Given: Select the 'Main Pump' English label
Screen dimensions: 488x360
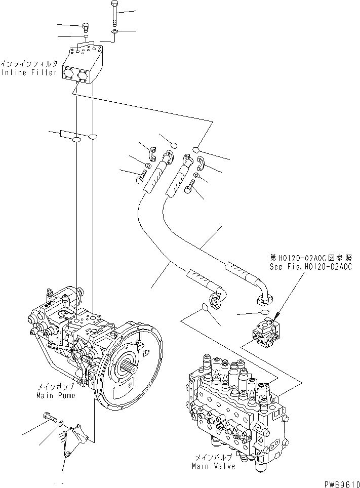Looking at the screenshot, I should [x=56, y=394].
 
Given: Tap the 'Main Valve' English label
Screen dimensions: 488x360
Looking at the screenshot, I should [x=213, y=466].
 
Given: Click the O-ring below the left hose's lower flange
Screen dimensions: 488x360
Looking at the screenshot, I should [x=205, y=307].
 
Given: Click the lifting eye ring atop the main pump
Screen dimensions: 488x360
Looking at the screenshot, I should [x=50, y=292].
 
